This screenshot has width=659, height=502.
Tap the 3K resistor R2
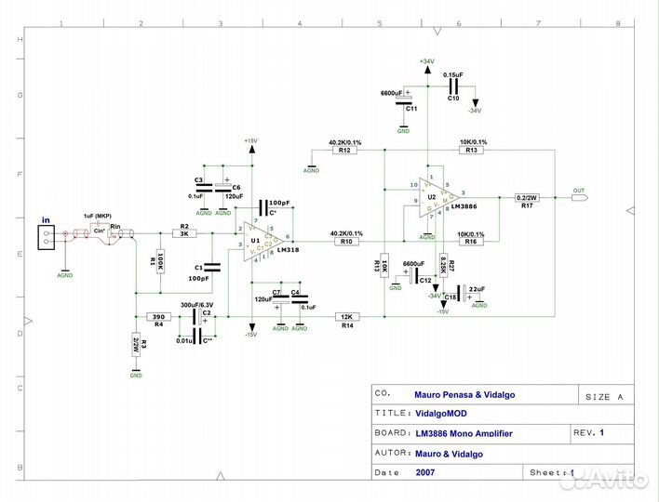click(184, 235)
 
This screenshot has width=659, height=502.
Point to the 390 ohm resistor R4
click(158, 315)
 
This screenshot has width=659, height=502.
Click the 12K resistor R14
click(347, 316)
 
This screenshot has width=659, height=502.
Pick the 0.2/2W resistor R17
click(528, 198)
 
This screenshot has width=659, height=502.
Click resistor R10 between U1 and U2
click(346, 242)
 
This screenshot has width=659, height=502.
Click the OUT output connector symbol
click(580, 197)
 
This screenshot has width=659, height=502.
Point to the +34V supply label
click(426, 61)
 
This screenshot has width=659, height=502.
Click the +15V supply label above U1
click(250, 140)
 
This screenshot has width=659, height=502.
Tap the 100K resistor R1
click(160, 262)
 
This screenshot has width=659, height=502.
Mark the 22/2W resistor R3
click(136, 344)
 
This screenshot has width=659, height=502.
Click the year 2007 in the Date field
click(424, 472)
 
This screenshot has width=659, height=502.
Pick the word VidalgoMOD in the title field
click(442, 413)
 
